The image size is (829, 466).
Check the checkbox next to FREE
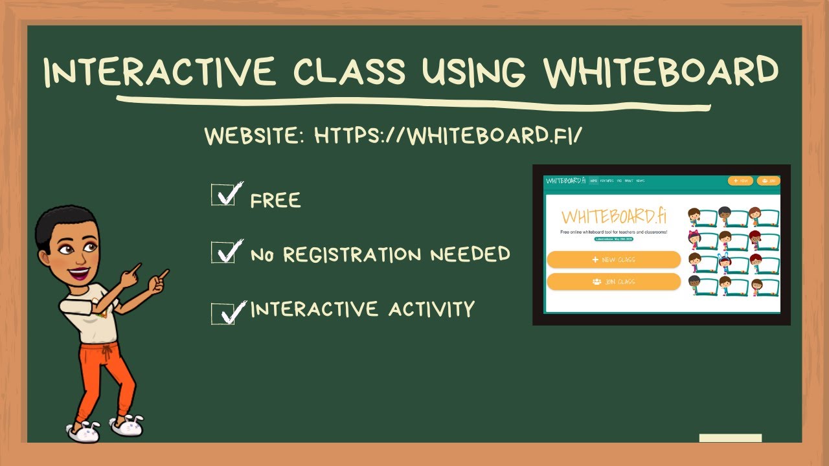coord(223,195)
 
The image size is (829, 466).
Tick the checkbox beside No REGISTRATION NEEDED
coord(223,252)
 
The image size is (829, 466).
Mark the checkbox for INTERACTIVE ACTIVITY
coord(223,313)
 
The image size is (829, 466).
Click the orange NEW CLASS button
coord(613,260)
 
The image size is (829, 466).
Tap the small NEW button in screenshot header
coord(740,181)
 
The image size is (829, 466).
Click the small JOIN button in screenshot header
coord(767,181)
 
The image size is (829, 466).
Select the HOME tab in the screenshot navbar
coord(593,181)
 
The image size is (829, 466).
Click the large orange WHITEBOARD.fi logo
coord(613,216)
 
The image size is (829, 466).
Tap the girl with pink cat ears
coord(694,239)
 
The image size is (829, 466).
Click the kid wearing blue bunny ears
coord(724,262)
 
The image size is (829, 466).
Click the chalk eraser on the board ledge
coord(730,438)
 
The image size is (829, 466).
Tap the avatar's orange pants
coord(104,375)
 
